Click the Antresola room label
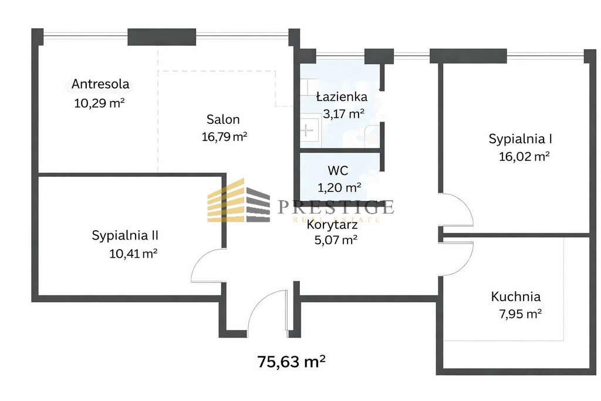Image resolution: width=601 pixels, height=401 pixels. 100,85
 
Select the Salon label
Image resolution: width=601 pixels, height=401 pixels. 223,120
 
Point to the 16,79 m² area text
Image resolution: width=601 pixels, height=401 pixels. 223,137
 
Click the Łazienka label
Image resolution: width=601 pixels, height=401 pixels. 341,97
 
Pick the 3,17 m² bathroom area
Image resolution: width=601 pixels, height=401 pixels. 343,114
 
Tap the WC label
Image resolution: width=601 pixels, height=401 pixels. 338,171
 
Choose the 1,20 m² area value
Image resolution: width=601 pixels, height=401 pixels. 339,188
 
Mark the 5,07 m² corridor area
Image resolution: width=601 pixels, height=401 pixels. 336,240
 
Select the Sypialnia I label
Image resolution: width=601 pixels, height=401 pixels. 521,139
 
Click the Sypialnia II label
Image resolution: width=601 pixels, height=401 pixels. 126,235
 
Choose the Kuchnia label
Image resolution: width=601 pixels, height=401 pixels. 516,297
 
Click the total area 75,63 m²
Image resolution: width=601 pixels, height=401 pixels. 292,362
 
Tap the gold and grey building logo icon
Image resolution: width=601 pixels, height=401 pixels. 238,200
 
